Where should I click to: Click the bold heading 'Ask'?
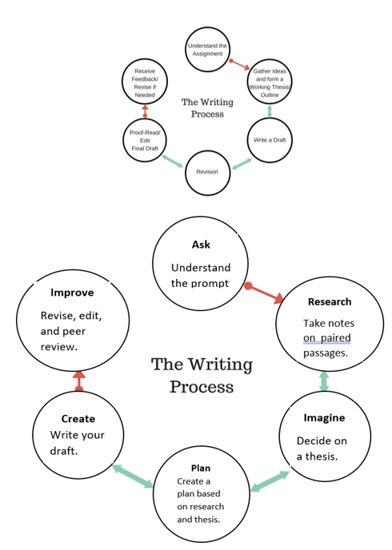[201, 245]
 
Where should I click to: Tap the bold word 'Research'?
[330, 302]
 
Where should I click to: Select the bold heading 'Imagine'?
[324, 418]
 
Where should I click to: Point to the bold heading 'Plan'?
[201, 468]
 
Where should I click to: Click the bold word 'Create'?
[78, 419]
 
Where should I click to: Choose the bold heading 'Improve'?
[72, 293]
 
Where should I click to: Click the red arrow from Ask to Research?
[264, 293]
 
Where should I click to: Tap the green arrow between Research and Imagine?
[324, 381]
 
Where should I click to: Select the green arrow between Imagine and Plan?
[270, 481]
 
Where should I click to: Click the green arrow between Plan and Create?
[133, 476]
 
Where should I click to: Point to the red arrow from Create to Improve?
[79, 381]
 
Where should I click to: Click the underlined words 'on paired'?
[326, 338]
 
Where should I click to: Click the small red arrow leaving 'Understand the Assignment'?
[239, 65]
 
